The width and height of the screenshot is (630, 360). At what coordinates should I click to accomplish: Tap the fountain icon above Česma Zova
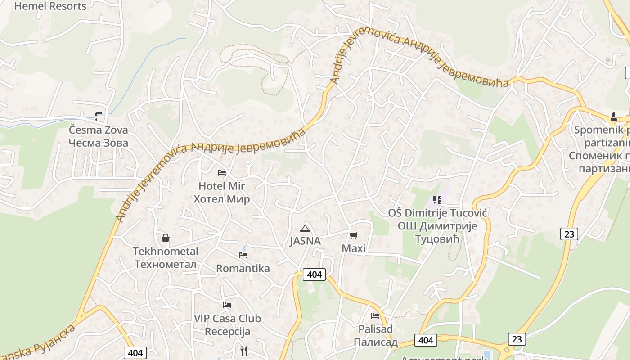click(x=99, y=117)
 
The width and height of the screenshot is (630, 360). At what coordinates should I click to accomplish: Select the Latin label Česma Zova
click(x=98, y=130)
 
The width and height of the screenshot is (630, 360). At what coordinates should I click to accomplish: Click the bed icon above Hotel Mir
click(x=221, y=173)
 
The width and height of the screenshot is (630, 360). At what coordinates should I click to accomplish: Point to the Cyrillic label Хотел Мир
click(x=221, y=199)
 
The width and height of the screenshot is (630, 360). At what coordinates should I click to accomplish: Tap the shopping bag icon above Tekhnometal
click(x=166, y=238)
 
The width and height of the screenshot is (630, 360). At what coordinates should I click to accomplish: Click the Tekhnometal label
click(x=166, y=251)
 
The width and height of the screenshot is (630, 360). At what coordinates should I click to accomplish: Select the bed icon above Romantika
click(x=243, y=255)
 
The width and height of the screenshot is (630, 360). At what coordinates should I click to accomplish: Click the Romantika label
click(x=243, y=269)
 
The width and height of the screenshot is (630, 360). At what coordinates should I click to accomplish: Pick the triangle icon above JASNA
click(x=305, y=228)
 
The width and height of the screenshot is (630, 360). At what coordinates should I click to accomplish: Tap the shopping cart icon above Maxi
click(x=354, y=235)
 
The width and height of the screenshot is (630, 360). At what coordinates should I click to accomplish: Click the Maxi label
click(x=354, y=248)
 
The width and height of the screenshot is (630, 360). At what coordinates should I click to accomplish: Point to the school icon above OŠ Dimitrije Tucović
click(x=437, y=199)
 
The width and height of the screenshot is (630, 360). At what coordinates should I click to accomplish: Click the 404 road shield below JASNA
click(x=314, y=274)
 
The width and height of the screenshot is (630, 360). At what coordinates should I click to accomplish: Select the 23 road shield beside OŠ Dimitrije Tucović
click(x=569, y=234)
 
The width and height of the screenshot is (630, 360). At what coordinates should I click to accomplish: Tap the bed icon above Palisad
click(x=375, y=316)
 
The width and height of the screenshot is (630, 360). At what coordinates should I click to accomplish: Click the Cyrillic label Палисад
click(x=375, y=342)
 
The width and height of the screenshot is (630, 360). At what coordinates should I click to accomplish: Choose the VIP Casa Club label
click(x=227, y=319)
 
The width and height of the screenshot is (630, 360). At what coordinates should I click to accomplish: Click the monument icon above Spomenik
click(x=613, y=117)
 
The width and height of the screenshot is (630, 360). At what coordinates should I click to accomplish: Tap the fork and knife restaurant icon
click(x=243, y=351)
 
